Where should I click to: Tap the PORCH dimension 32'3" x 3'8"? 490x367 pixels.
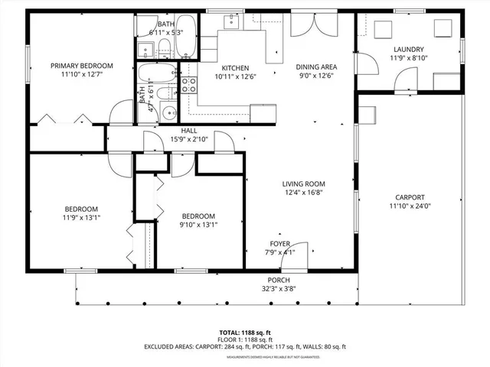tap(278, 289)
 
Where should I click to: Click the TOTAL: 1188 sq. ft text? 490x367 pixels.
tap(244, 332)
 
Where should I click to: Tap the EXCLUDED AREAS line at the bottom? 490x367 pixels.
tap(244, 346)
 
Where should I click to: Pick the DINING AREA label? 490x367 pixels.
tap(317, 67)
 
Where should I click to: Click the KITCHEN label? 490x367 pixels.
tap(231, 67)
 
